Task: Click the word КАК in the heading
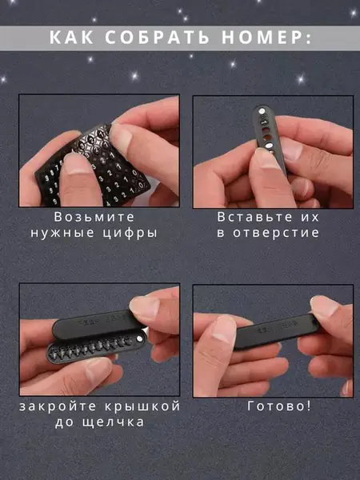click(x=71, y=38)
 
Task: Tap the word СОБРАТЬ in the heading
click(x=157, y=38)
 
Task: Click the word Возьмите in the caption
click(x=94, y=217)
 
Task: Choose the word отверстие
click(x=276, y=233)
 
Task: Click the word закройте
click(x=58, y=407)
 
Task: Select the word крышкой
click(x=142, y=407)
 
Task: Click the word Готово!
click(x=279, y=406)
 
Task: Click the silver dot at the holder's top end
click(x=262, y=112)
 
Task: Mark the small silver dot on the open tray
click(x=139, y=338)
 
